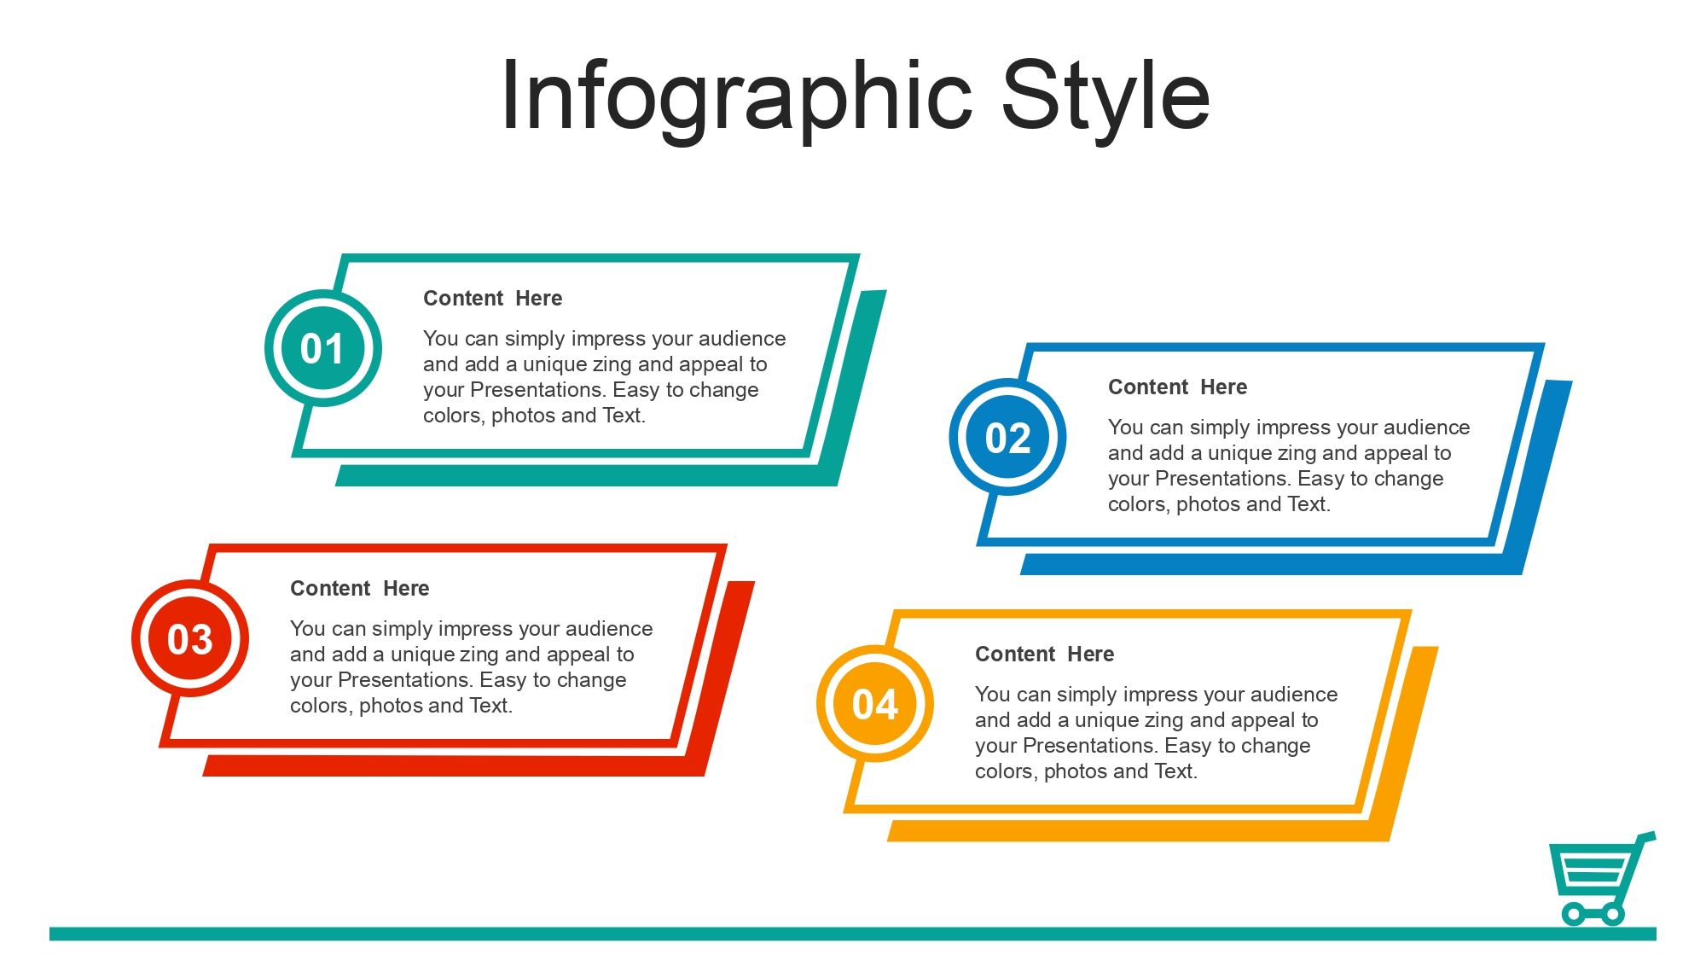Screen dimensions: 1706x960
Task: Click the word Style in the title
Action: point(1105,96)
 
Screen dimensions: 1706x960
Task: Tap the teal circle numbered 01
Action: point(322,348)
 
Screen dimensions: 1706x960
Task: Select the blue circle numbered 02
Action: point(1007,437)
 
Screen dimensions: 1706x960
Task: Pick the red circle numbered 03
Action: point(190,638)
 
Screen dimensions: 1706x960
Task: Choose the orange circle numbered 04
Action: point(875,704)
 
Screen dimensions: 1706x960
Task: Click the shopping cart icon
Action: point(1602,879)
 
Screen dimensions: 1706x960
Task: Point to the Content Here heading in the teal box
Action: point(493,299)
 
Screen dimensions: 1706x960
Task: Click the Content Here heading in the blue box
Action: point(1178,387)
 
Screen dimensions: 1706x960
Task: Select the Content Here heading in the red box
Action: point(360,589)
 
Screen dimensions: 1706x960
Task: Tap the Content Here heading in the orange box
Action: point(1045,655)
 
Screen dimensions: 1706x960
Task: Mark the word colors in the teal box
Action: point(454,416)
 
